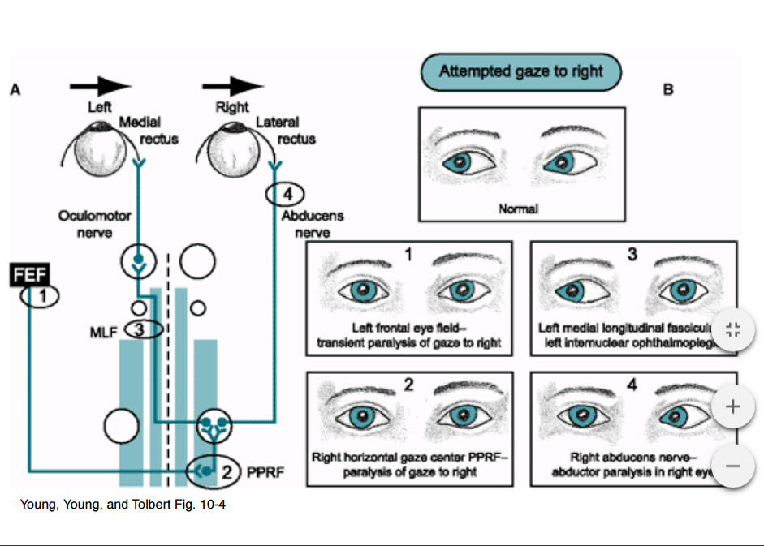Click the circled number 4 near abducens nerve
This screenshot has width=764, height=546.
(x=284, y=195)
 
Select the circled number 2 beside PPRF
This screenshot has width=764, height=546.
(x=228, y=471)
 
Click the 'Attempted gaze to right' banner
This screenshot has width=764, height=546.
(x=520, y=71)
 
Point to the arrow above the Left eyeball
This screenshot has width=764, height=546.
(x=100, y=86)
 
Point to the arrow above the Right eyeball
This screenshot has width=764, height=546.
(x=233, y=86)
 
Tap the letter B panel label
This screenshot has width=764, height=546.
(x=668, y=90)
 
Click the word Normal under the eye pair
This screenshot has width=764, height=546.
(x=518, y=209)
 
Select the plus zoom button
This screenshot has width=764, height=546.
(x=732, y=407)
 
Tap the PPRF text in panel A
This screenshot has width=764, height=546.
(x=267, y=471)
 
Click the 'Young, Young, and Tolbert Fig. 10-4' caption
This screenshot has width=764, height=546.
(x=123, y=505)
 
